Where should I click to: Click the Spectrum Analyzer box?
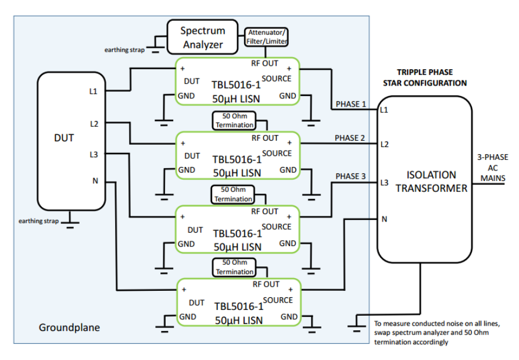(x=202, y=37)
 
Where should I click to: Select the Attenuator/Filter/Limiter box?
(x=266, y=38)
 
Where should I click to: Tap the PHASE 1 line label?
(x=350, y=105)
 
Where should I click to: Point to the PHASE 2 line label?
(x=350, y=138)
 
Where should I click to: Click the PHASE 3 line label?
(x=351, y=176)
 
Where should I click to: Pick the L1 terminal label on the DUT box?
(x=94, y=91)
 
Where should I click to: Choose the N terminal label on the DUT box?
(x=95, y=181)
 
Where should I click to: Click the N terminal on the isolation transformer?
(x=384, y=219)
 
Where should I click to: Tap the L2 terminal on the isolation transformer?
(x=384, y=144)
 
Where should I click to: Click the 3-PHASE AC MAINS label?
(x=493, y=167)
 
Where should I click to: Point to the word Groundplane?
(x=69, y=327)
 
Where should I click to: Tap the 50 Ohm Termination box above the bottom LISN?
(x=235, y=267)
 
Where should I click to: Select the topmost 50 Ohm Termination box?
(x=235, y=120)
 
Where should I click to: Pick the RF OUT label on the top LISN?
(x=265, y=63)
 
